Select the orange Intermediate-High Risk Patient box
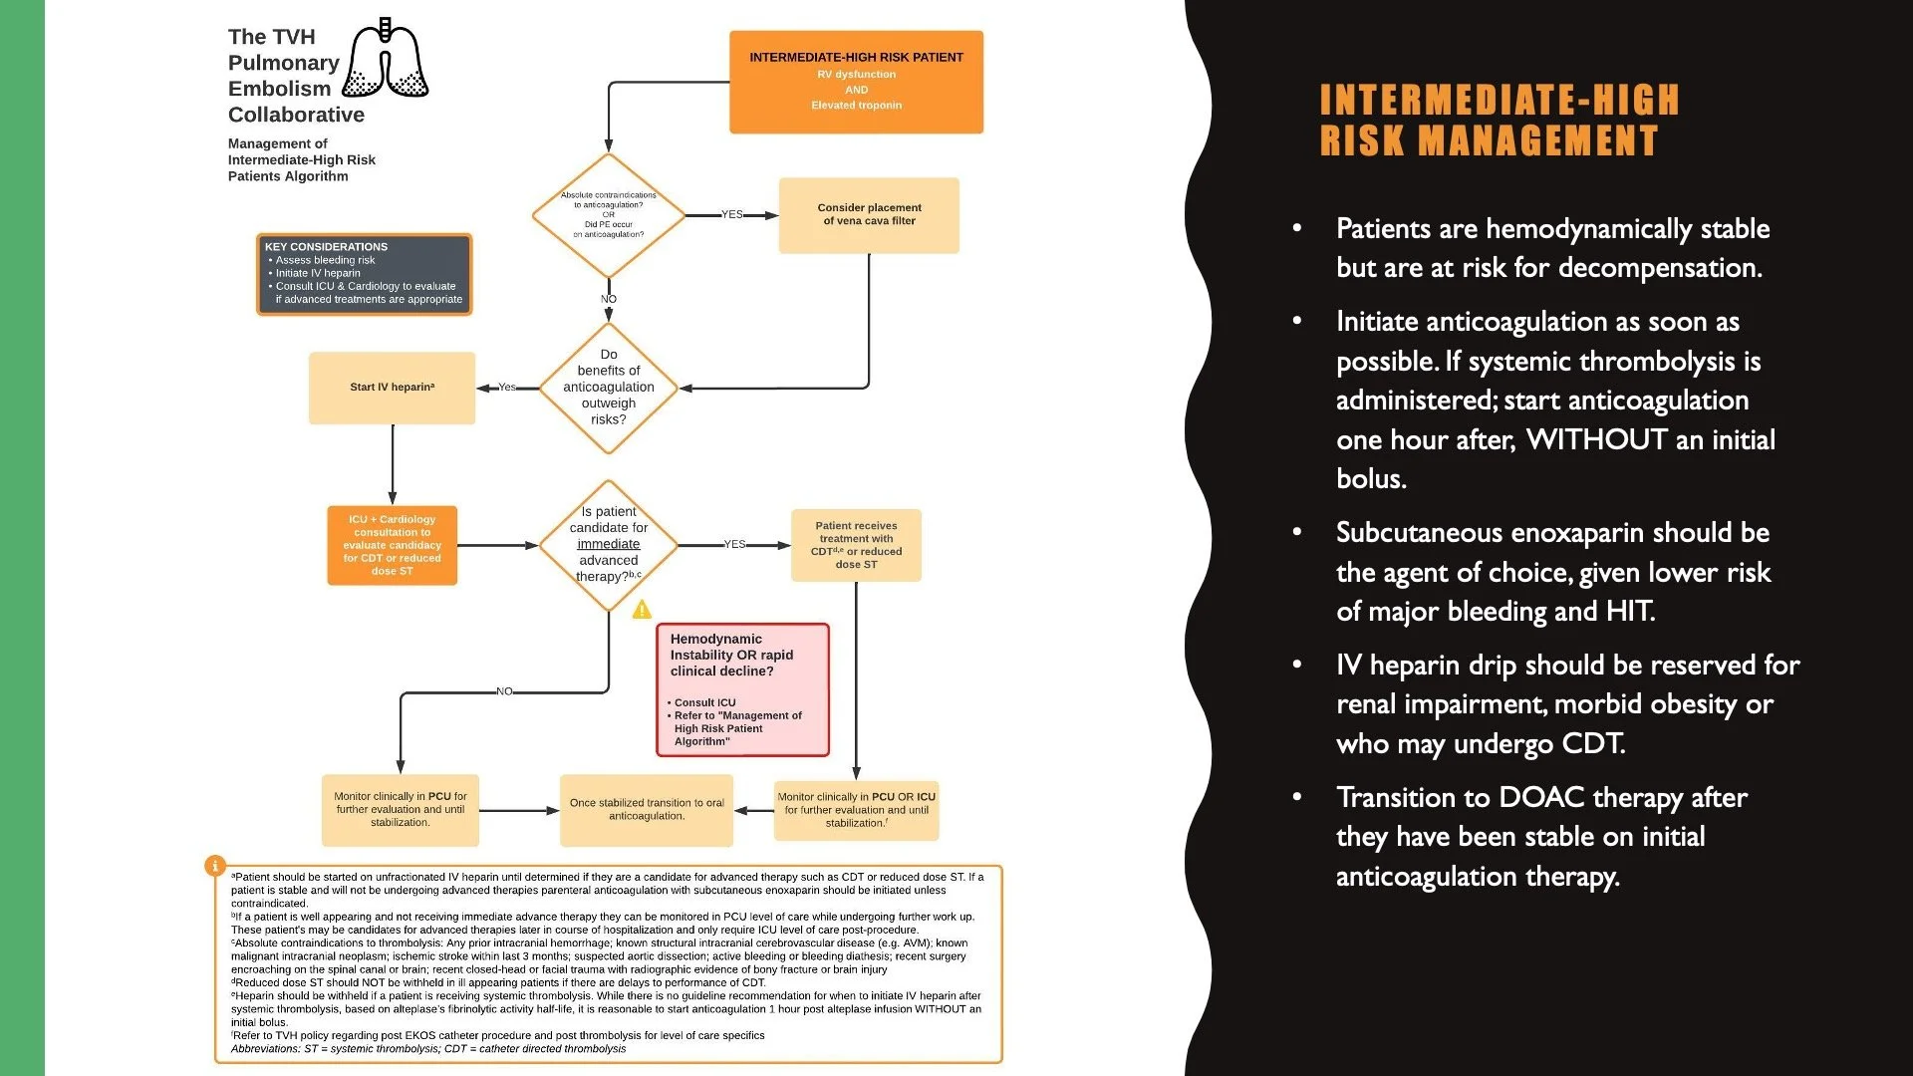[856, 82]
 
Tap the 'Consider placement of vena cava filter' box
[869, 215]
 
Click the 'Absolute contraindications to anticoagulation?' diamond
[608, 215]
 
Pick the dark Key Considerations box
[364, 274]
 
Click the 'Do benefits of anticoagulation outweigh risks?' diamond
[608, 388]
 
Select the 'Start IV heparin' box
[392, 388]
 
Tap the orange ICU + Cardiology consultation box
[392, 545]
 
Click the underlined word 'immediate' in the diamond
[608, 544]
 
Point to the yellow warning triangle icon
[642, 609]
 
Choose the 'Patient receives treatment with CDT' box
[856, 545]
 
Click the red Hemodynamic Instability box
[742, 689]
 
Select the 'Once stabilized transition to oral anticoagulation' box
[647, 809]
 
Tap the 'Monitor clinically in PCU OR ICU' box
[856, 809]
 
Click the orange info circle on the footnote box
[214, 866]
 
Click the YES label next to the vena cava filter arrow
[732, 215]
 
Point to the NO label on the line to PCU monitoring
[504, 691]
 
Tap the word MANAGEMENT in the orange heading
[1538, 140]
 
